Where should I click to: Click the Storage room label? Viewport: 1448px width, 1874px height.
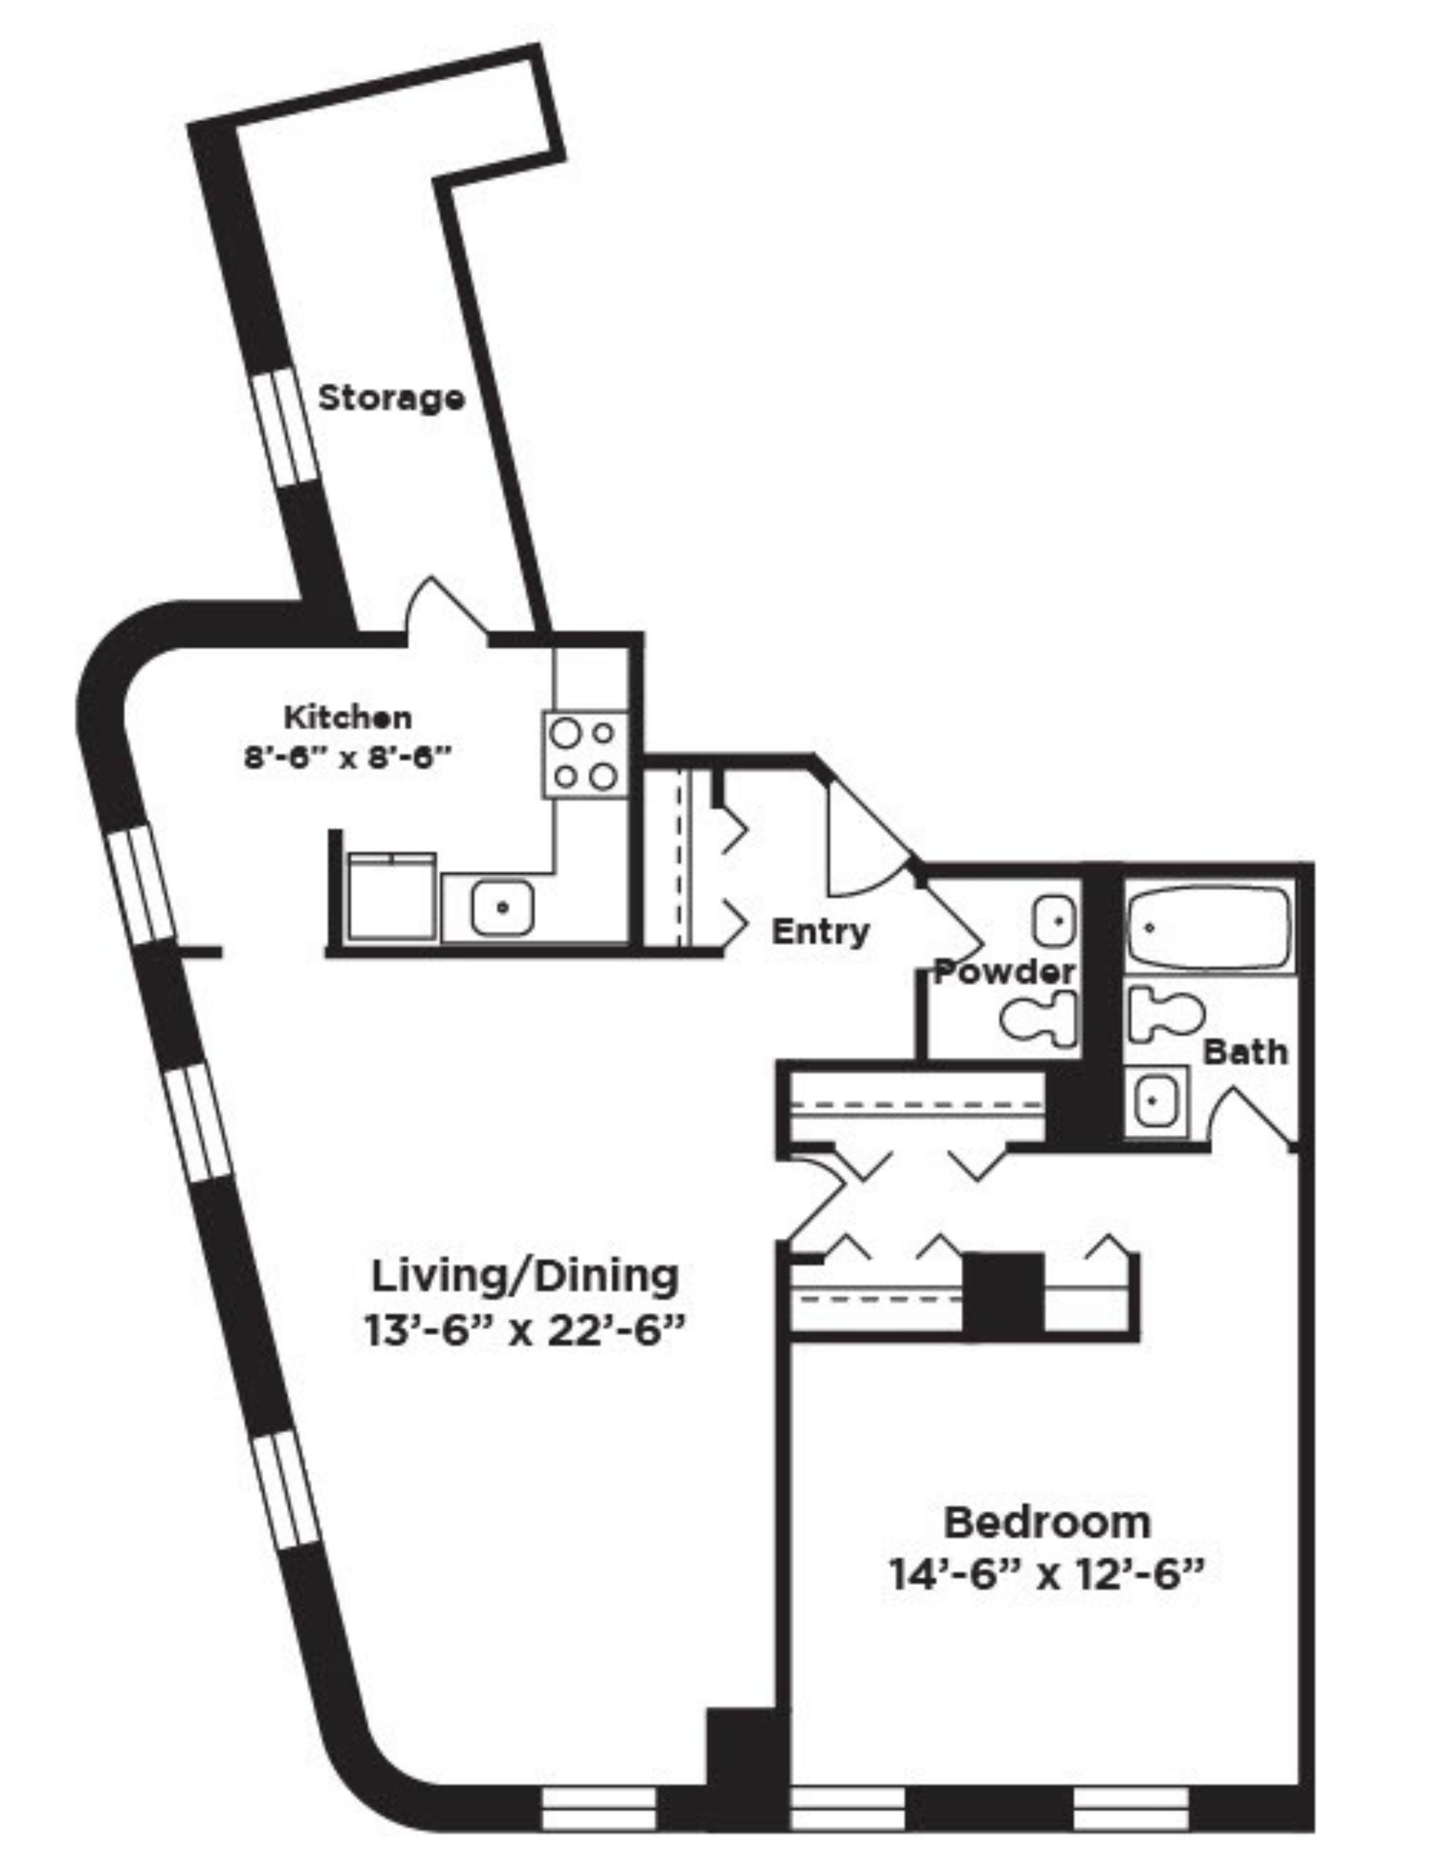tap(391, 398)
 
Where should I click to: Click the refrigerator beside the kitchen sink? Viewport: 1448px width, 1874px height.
tap(391, 897)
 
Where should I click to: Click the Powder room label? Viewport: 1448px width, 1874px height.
tap(1003, 972)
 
